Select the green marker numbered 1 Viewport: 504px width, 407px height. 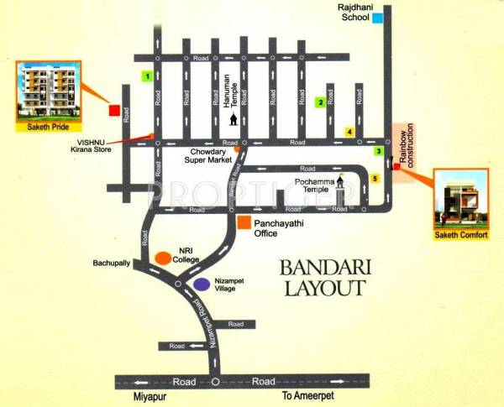click(x=147, y=76)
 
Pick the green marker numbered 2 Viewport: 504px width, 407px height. click(x=320, y=103)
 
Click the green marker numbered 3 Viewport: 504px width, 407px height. click(x=379, y=151)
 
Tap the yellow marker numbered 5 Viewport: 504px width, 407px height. click(x=375, y=179)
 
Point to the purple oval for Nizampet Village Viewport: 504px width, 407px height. click(x=202, y=284)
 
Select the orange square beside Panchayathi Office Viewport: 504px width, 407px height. click(x=244, y=222)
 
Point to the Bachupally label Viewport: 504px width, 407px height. click(x=111, y=263)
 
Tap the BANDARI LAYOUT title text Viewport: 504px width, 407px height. click(x=323, y=279)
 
